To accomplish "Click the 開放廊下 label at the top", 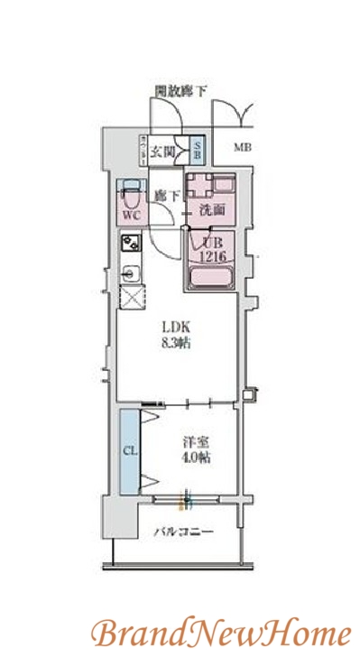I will [x=180, y=90].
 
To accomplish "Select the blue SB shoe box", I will [x=198, y=150].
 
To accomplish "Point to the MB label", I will [x=244, y=148].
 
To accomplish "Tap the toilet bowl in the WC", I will [x=129, y=192].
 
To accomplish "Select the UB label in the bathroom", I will [x=211, y=242].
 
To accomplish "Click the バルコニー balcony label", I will [x=183, y=532].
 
